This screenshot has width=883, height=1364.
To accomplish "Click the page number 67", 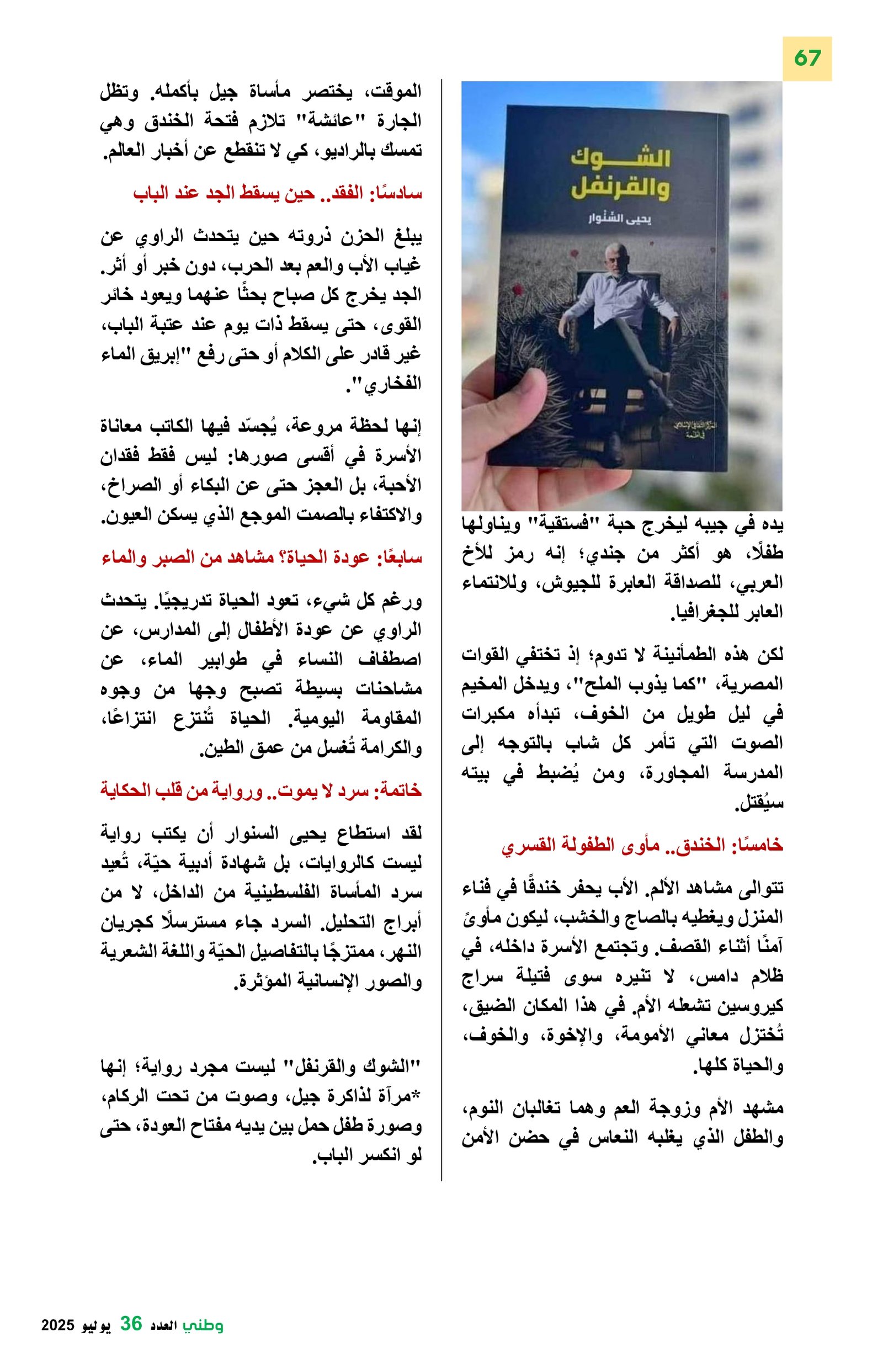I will point(807,58).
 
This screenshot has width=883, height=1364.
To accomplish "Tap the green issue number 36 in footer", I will point(131,1323).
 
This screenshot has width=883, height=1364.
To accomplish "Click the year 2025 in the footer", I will point(58,1325).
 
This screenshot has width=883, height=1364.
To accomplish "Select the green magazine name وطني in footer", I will point(204,1325).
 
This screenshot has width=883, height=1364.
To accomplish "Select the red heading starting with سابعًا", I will point(261,558).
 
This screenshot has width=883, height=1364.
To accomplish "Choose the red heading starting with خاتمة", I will point(260,790).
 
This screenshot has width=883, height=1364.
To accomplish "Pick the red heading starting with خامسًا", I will point(642,845).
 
